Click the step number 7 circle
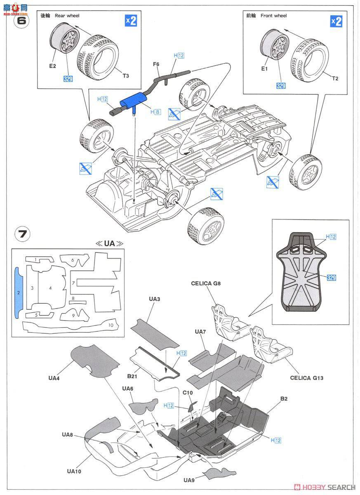(22, 234)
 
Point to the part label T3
(126, 75)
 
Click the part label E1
(264, 69)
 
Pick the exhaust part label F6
(156, 64)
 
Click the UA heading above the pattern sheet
(109, 243)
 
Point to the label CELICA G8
(206, 283)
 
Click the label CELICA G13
(306, 377)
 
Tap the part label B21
(132, 377)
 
